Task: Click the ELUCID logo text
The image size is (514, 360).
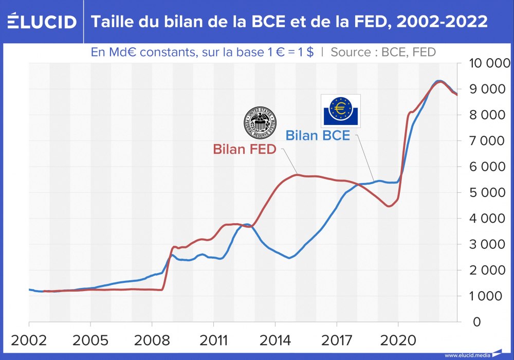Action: (x=42, y=22)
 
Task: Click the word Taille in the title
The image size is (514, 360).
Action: (x=109, y=22)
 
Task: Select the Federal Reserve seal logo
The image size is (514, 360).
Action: (x=259, y=123)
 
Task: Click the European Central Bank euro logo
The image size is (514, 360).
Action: (x=340, y=111)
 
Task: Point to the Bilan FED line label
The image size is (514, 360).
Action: (x=245, y=150)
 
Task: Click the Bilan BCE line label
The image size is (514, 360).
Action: (x=318, y=136)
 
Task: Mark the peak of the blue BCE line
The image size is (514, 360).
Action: (x=438, y=81)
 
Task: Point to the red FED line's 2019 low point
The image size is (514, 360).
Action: (x=389, y=206)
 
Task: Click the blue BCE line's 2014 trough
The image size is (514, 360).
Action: (x=289, y=258)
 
